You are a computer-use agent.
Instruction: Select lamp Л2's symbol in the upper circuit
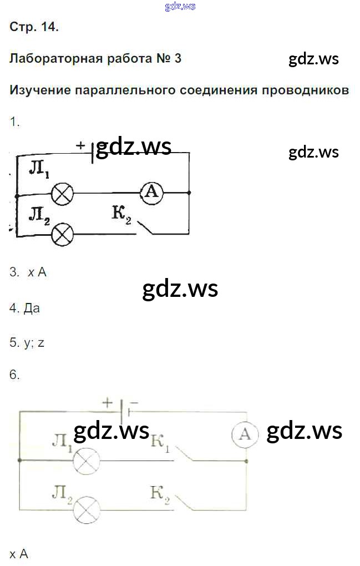(62, 234)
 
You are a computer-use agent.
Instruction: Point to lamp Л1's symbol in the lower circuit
(87, 460)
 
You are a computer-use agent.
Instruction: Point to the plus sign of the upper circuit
(81, 145)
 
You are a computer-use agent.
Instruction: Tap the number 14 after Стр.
(48, 27)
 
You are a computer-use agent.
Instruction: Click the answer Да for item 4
(32, 308)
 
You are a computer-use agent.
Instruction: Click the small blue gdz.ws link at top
(180, 7)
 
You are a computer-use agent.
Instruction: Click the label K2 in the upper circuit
(121, 214)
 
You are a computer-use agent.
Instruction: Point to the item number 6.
(14, 375)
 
